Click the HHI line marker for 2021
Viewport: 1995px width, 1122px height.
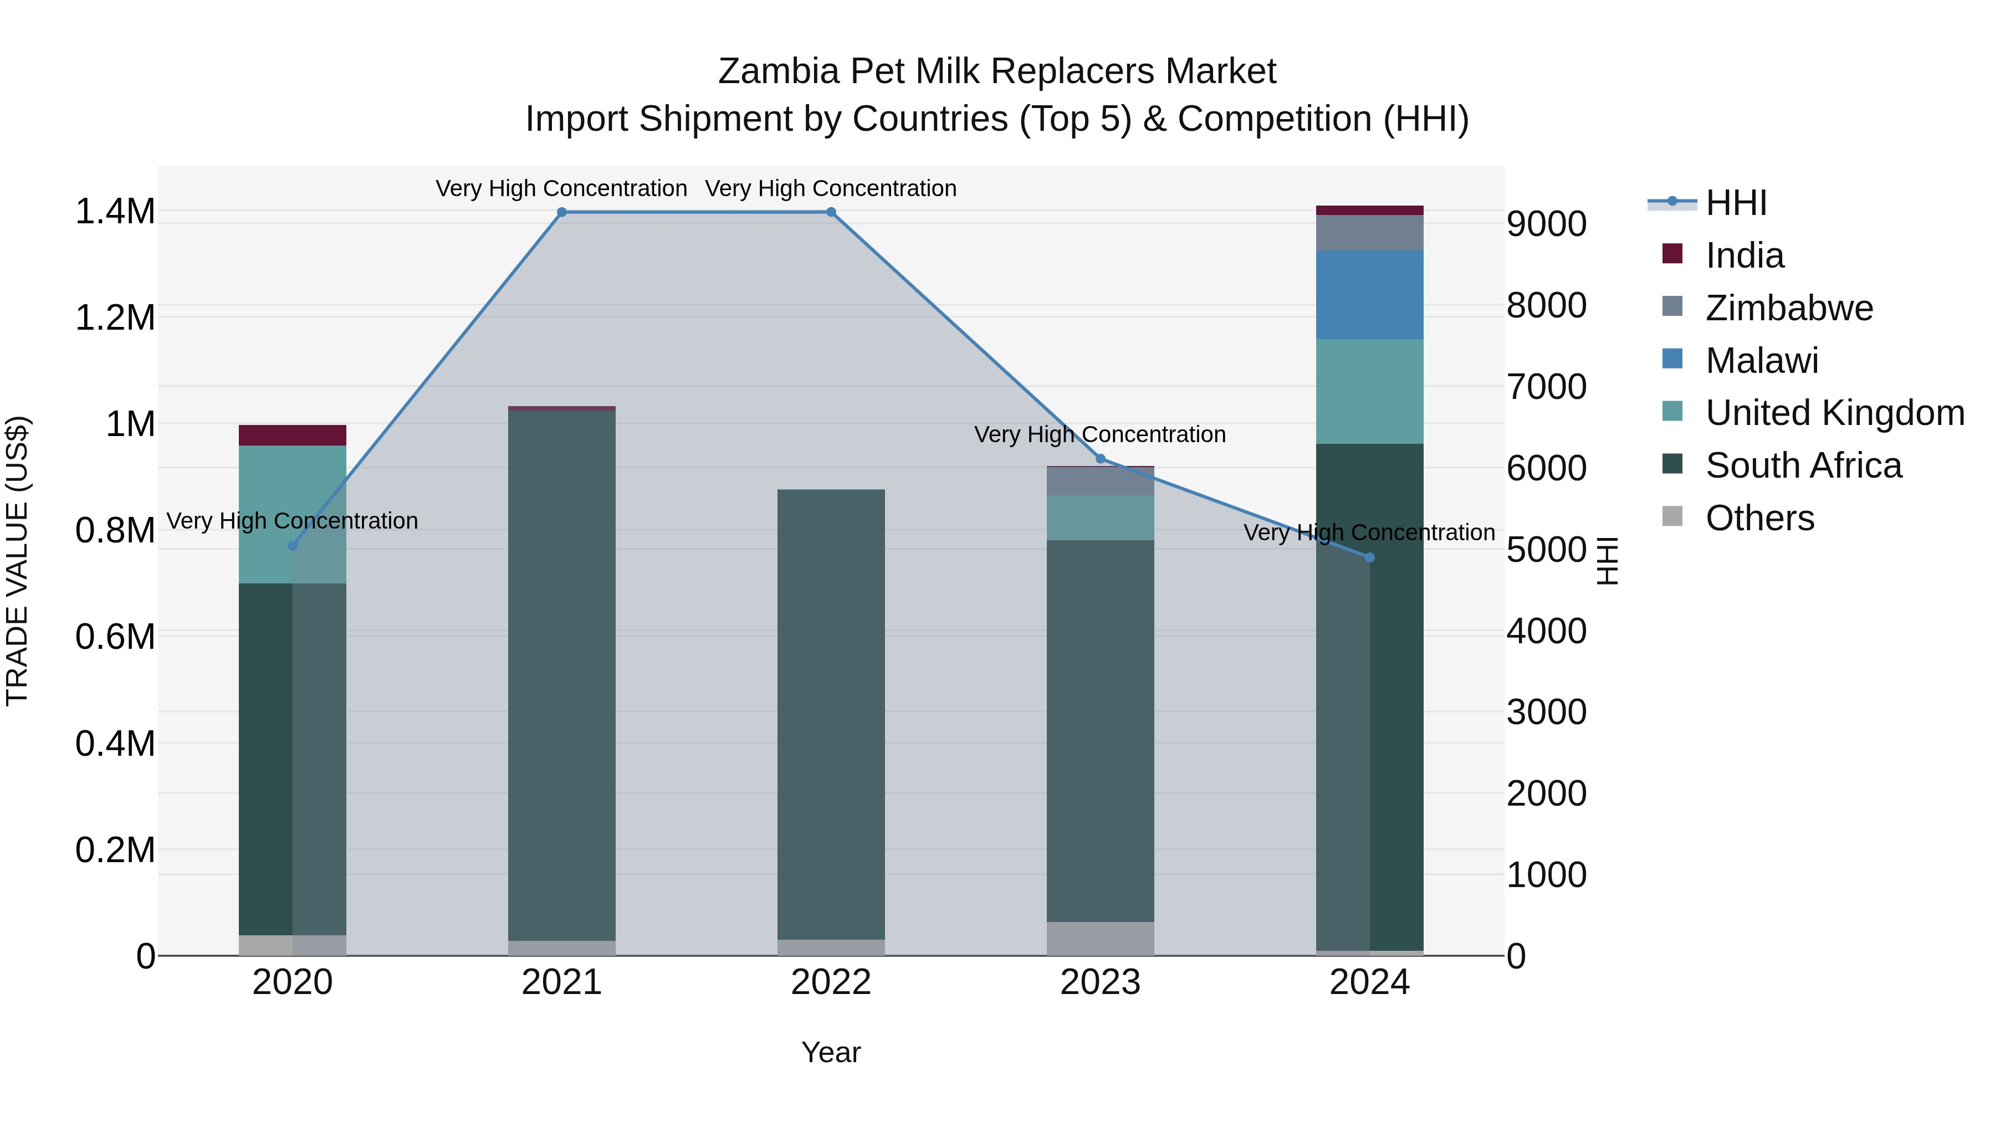click(x=561, y=212)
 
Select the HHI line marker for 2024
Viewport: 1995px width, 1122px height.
click(x=1369, y=557)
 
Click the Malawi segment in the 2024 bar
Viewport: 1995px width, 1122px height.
click(x=1369, y=295)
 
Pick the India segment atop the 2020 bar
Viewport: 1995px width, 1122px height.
click(x=292, y=435)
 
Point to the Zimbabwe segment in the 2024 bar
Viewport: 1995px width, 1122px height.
click(x=1369, y=233)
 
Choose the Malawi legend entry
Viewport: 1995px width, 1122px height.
click(x=1761, y=361)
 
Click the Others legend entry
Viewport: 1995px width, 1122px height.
click(x=1759, y=518)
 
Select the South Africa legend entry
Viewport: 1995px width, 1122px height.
click(x=1803, y=465)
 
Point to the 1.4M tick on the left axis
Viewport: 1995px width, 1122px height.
click(x=115, y=212)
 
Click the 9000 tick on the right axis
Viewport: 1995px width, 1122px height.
click(x=1546, y=224)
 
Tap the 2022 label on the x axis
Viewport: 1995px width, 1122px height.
click(x=831, y=982)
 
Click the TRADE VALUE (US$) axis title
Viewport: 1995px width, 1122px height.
click(x=18, y=561)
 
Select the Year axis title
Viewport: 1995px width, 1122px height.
click(x=831, y=1052)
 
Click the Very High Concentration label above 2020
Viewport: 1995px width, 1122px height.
click(x=292, y=521)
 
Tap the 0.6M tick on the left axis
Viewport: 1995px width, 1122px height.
click(x=115, y=637)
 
